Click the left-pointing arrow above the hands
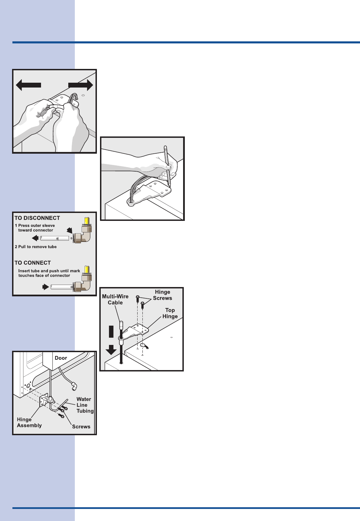(x=28, y=85)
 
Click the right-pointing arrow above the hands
(x=81, y=85)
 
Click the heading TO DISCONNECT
(x=37, y=218)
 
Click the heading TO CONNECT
(x=33, y=263)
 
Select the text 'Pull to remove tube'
(x=37, y=247)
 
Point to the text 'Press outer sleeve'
(x=36, y=225)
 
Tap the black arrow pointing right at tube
(x=46, y=286)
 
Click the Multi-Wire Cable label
(x=115, y=299)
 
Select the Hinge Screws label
(x=162, y=295)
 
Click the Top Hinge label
(x=170, y=313)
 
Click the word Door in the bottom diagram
(x=61, y=358)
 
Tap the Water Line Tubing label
(x=85, y=405)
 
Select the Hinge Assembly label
(x=29, y=422)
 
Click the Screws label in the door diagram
(x=81, y=427)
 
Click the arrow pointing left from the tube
(x=35, y=238)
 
